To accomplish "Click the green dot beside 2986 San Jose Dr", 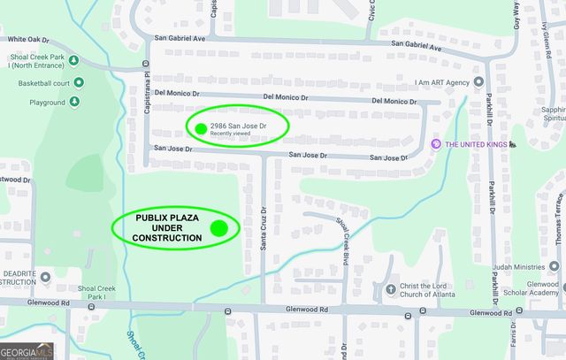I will (201, 128).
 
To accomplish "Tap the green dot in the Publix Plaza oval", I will (219, 228).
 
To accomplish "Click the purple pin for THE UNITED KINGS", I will (434, 144).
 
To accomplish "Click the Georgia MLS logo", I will (27, 350).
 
